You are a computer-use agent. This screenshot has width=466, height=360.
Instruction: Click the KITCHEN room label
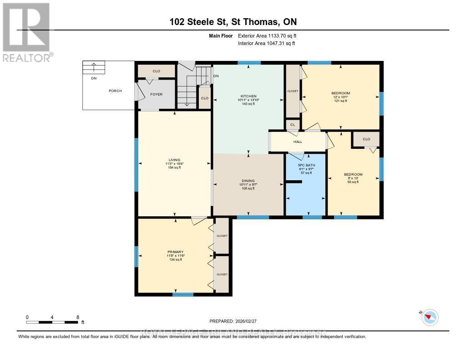coord(248,96)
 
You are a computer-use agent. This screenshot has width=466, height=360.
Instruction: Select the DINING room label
coord(248,181)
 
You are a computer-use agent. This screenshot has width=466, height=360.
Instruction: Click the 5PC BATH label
coord(305,165)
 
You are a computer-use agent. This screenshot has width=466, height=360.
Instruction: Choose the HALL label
coord(298,142)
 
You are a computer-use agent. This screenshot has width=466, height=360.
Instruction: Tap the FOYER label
coord(157,95)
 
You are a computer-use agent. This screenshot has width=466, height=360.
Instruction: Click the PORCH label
coord(115,91)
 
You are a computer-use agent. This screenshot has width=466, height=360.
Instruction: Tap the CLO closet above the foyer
coord(156,71)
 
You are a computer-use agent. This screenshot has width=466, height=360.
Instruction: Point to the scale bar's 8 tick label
coord(78,317)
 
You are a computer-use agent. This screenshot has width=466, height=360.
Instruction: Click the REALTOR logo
coord(27,31)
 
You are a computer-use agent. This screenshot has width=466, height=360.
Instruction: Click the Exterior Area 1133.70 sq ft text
coord(268,35)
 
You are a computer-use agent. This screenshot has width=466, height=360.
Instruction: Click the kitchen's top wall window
coord(249,63)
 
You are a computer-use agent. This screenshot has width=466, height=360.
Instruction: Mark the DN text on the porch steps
coord(93,78)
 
